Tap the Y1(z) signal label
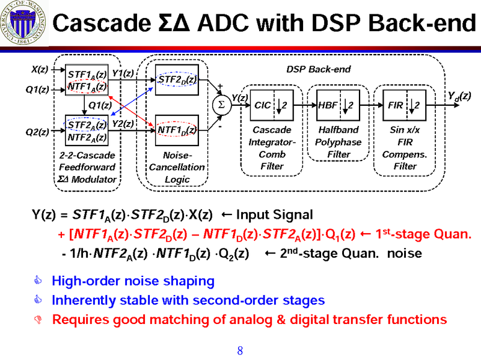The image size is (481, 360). (123, 73)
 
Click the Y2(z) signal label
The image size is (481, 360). (123, 124)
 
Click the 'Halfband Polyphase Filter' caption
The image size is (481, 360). (338, 142)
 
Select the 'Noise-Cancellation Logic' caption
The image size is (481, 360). (176, 167)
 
